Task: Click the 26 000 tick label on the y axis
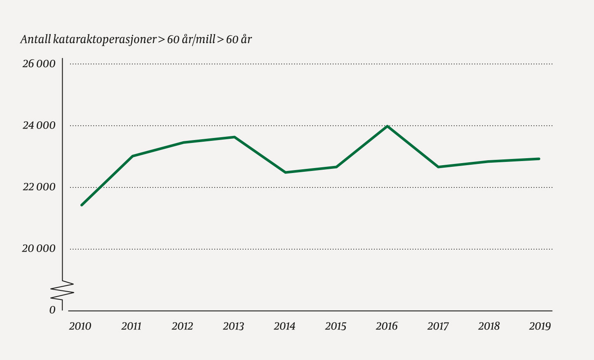pos(39,64)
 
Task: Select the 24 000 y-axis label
pos(39,125)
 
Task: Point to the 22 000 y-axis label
pos(39,187)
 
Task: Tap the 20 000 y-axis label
pos(39,249)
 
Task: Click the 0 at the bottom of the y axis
pos(52,310)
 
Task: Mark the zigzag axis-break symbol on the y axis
pos(62,291)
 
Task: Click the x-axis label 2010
pos(80,326)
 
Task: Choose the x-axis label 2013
pos(233,326)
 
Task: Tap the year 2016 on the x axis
pos(387,326)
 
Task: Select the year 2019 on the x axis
pos(540,326)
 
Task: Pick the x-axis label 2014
pos(284,326)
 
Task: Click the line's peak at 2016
pos(387,126)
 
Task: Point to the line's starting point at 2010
pos(82,205)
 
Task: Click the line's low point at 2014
pos(285,172)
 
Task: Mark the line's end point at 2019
pos(539,159)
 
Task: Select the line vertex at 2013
pos(234,137)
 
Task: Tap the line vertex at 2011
pos(132,156)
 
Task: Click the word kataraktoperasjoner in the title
pos(105,40)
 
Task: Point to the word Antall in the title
pos(35,40)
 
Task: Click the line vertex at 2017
pos(438,167)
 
